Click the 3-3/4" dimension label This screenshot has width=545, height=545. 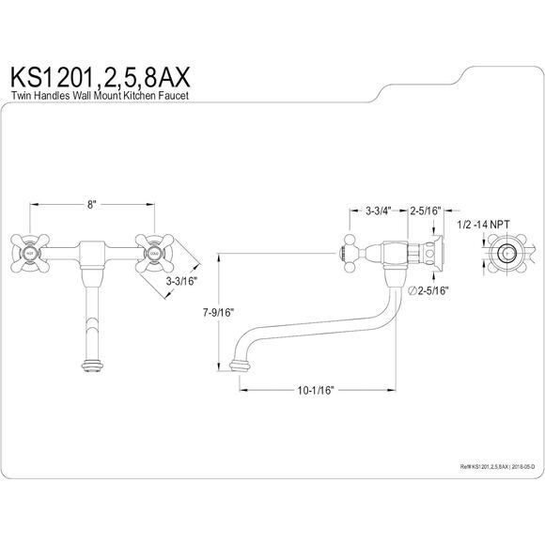click(379, 212)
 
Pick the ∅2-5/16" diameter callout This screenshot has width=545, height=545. click(429, 292)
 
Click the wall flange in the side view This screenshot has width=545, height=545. click(437, 255)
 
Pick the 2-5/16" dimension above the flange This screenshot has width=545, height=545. click(426, 212)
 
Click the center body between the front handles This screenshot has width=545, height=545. click(91, 254)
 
